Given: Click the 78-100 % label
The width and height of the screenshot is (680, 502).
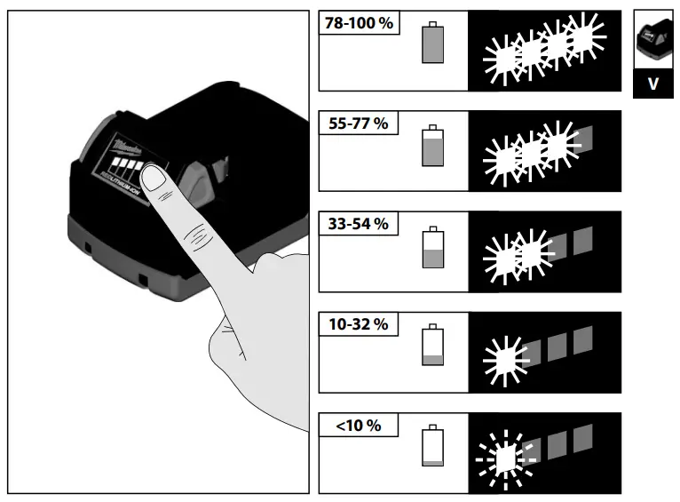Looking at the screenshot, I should (x=360, y=23).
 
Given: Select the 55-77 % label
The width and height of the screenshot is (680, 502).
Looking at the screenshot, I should (x=358, y=124).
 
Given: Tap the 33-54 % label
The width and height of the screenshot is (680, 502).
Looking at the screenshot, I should (x=358, y=224).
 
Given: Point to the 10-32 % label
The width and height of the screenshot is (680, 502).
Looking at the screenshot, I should (x=358, y=324).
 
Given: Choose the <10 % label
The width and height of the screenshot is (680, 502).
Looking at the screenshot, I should (x=358, y=426).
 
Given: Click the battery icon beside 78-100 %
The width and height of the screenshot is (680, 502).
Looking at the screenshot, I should (x=432, y=42).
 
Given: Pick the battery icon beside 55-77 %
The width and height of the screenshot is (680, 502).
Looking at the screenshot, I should (x=432, y=146).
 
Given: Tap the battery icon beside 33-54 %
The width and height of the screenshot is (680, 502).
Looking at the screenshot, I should (x=432, y=247).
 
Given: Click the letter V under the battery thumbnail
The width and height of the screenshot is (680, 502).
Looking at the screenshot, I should (x=653, y=84).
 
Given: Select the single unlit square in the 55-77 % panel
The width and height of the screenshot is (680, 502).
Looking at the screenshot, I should (x=582, y=138).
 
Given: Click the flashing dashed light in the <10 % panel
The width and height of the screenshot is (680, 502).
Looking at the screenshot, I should (x=504, y=458).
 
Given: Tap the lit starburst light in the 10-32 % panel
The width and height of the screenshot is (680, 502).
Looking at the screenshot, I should (x=503, y=357).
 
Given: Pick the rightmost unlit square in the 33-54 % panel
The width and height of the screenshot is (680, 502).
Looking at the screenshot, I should (x=582, y=238).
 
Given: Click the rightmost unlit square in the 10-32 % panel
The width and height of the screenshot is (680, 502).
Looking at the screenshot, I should (x=582, y=339).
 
